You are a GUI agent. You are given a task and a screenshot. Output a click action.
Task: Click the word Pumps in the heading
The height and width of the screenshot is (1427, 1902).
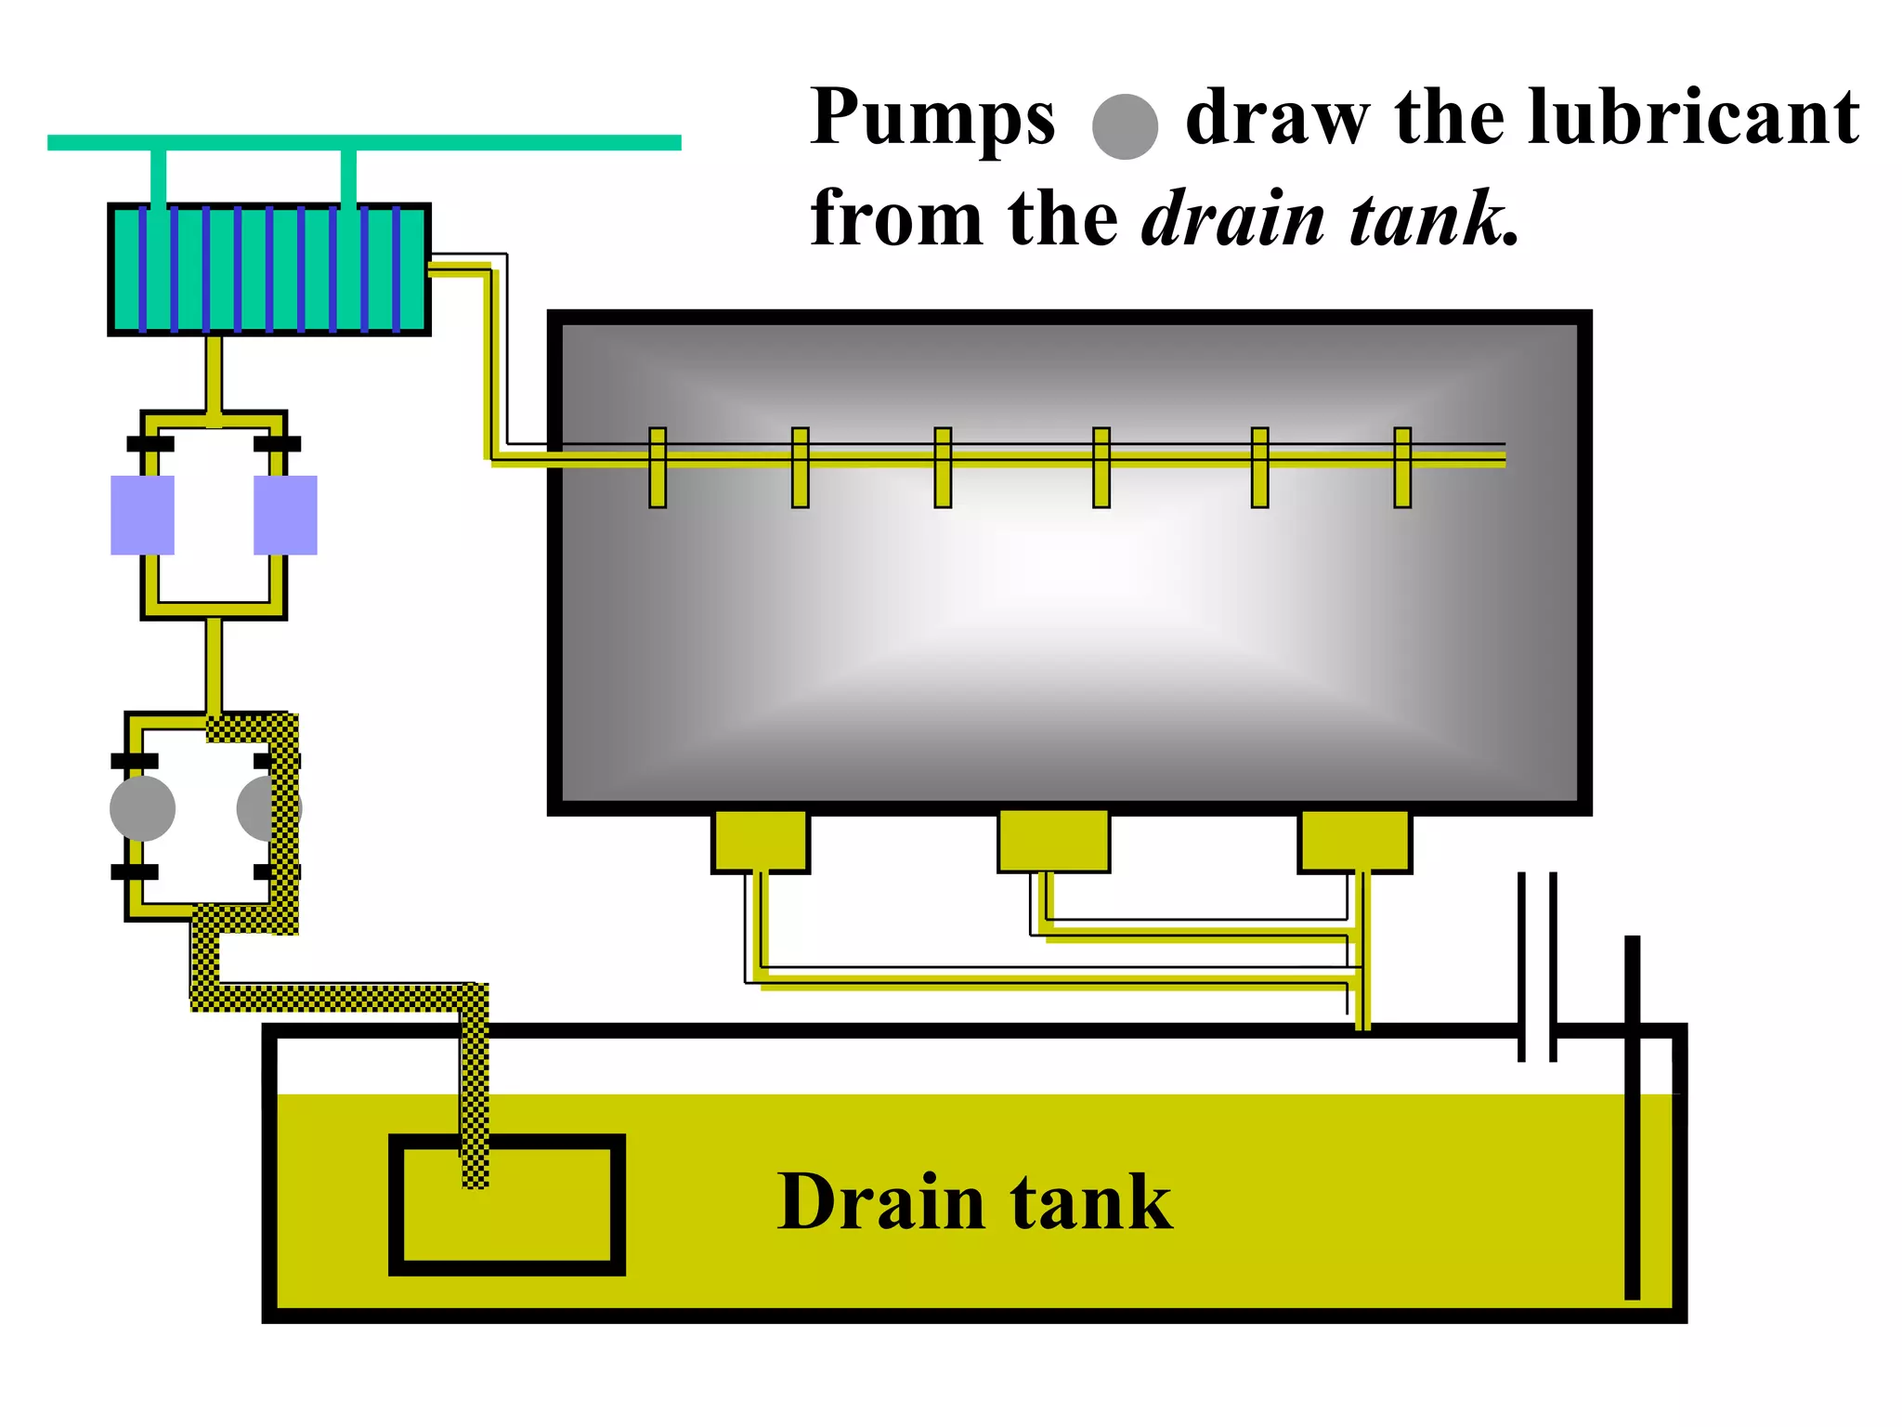click(x=932, y=119)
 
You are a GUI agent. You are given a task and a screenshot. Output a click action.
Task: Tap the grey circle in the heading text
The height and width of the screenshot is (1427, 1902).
click(x=1125, y=126)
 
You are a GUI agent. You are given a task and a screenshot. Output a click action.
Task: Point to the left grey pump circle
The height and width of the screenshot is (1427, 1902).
click(x=142, y=808)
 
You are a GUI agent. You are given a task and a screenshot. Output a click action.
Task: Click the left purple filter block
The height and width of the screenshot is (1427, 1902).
click(x=142, y=515)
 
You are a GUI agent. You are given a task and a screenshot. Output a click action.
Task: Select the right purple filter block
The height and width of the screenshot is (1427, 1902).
click(x=285, y=515)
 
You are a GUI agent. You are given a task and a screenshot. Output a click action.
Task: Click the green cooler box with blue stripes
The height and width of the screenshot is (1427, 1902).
click(x=269, y=269)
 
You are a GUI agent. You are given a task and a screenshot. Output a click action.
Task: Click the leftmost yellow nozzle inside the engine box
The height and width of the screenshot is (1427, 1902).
click(x=658, y=467)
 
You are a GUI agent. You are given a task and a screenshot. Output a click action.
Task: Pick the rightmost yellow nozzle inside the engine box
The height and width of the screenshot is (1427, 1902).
click(x=1402, y=467)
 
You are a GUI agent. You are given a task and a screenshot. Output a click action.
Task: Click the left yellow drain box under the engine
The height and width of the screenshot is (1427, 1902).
click(x=760, y=841)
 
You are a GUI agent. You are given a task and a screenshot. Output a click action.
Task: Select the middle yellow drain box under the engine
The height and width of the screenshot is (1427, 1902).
click(x=1053, y=841)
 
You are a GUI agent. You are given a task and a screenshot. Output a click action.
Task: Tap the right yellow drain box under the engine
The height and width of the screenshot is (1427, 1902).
click(x=1354, y=841)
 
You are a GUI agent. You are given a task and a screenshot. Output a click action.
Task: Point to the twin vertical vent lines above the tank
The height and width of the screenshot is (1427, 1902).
click(x=1537, y=966)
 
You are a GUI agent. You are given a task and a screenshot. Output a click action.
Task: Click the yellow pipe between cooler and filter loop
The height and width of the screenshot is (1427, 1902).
click(x=214, y=372)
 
